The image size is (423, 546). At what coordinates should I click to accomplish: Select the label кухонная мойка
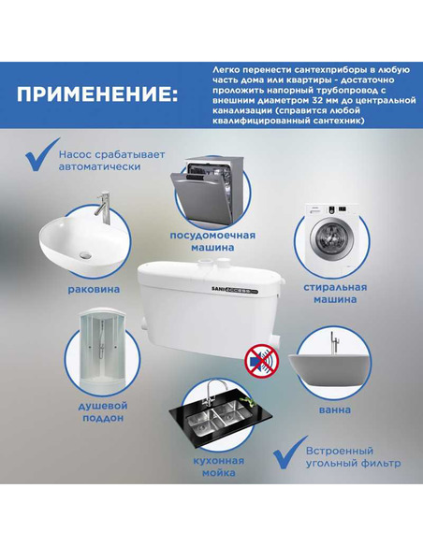[218, 467]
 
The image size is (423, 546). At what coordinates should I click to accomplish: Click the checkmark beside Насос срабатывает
[42, 155]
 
